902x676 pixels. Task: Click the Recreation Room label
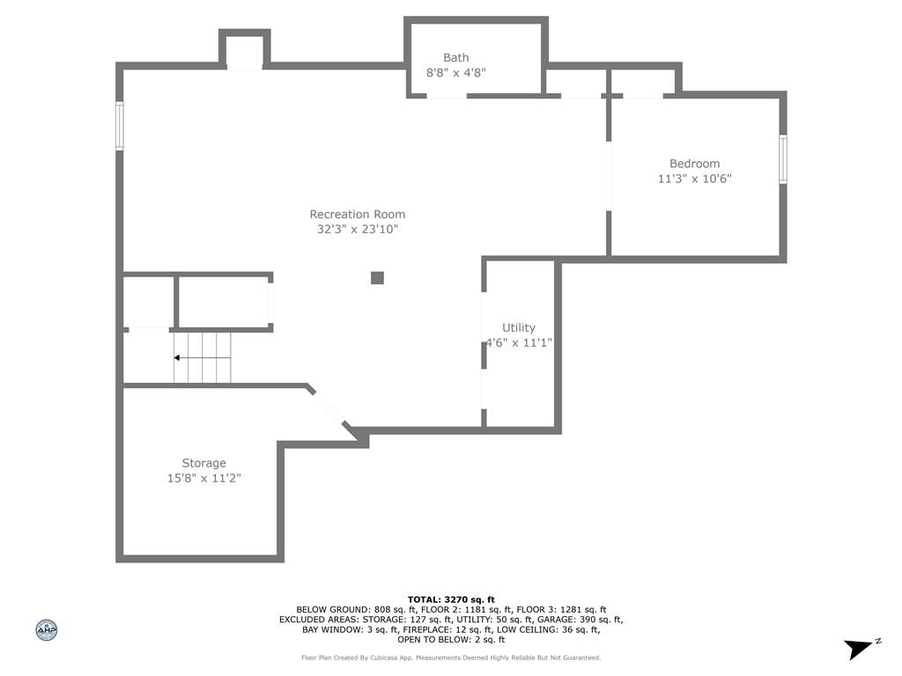click(358, 215)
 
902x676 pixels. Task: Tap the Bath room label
click(455, 57)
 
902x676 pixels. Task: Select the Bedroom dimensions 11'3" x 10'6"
click(694, 178)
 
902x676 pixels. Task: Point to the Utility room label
click(518, 327)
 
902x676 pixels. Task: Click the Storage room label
click(203, 463)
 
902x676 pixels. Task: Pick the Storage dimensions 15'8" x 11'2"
click(203, 478)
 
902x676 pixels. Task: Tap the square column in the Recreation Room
click(377, 278)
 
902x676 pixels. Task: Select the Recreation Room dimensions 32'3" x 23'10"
click(358, 230)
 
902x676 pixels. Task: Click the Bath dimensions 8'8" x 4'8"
click(455, 72)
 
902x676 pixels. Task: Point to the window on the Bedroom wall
click(782, 159)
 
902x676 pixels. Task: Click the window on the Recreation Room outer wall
click(120, 126)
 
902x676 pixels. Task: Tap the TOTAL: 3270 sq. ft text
click(451, 599)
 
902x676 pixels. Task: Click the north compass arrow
click(860, 649)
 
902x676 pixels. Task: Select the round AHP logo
click(47, 630)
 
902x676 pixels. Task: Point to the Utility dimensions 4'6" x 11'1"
click(519, 342)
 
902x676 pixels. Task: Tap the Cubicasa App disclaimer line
click(451, 658)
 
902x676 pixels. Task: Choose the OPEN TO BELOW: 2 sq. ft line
click(451, 639)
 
